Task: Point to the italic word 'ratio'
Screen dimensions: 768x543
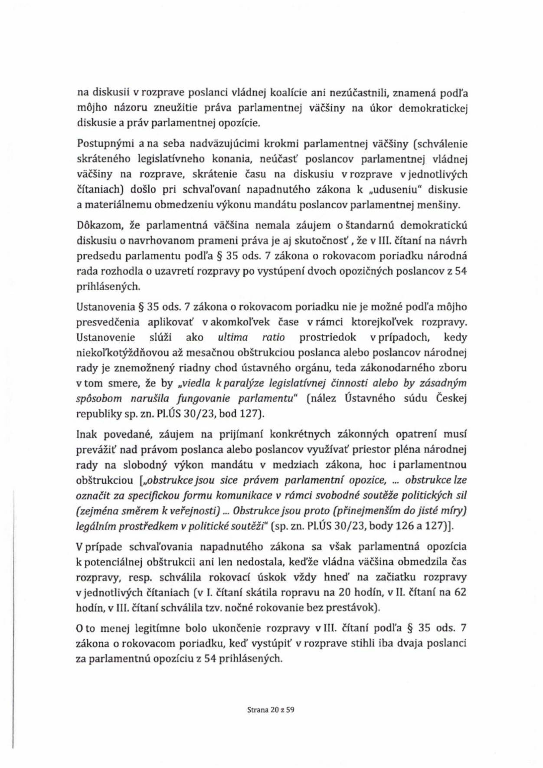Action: coord(274,338)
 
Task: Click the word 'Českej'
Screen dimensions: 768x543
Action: coord(451,398)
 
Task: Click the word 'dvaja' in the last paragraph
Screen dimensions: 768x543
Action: coord(397,643)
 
